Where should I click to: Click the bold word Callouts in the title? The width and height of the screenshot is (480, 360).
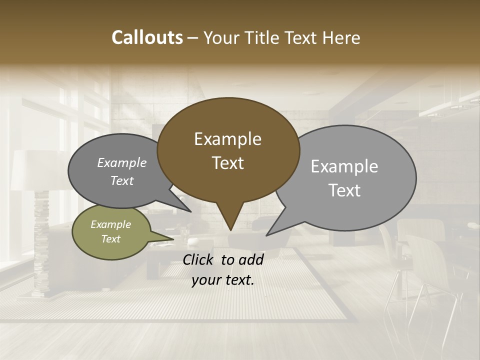[x=147, y=37]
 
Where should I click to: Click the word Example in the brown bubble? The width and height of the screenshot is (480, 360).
[x=227, y=139]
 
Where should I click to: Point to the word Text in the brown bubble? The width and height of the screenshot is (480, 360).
[x=227, y=163]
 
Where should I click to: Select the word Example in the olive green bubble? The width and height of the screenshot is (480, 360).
[x=110, y=224]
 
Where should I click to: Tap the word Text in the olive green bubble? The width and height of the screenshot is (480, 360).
[x=110, y=239]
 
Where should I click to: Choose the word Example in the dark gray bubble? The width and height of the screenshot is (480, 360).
[x=121, y=162]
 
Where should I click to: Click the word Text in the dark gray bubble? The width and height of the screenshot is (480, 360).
[x=121, y=181]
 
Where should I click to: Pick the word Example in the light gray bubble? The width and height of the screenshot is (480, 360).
[x=344, y=166]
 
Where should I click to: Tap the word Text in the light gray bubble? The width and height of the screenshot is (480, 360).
[x=344, y=190]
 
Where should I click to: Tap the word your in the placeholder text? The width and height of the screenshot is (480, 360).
[x=206, y=280]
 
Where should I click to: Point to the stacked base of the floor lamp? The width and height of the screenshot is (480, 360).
[x=41, y=240]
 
